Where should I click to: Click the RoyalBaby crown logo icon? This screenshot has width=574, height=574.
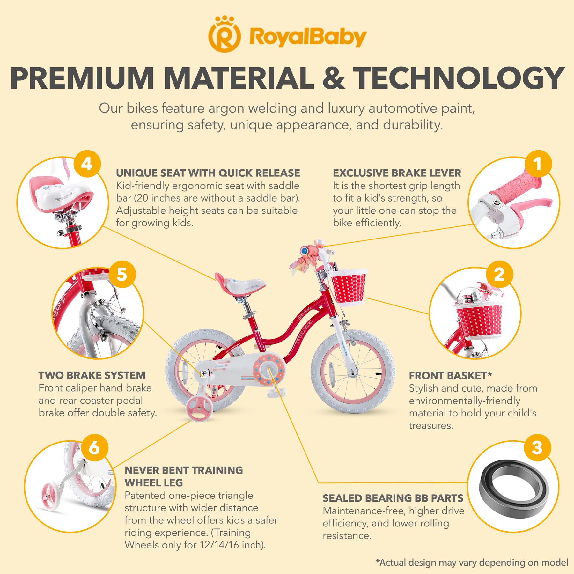(x=224, y=34)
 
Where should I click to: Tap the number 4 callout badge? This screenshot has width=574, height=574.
(x=87, y=164)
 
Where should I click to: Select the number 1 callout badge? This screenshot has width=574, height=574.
(x=538, y=164)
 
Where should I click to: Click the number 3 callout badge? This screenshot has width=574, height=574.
(x=537, y=448)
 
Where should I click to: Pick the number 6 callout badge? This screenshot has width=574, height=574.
(x=94, y=448)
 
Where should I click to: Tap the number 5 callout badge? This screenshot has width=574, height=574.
(x=122, y=274)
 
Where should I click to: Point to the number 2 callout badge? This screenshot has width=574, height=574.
(x=499, y=274)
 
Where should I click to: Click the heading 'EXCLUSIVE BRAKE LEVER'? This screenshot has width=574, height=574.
(x=397, y=173)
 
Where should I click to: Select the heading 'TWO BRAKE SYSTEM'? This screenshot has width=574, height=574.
(x=92, y=375)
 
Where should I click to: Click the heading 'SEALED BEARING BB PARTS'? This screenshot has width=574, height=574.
(x=393, y=498)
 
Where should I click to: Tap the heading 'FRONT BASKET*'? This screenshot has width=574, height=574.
(x=450, y=376)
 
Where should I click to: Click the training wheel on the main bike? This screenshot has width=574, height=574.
(x=199, y=408)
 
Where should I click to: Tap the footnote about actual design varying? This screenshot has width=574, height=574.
(x=472, y=562)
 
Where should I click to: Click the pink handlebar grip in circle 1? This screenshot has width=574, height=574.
(x=514, y=185)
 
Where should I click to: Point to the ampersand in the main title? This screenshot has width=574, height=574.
(x=334, y=78)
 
